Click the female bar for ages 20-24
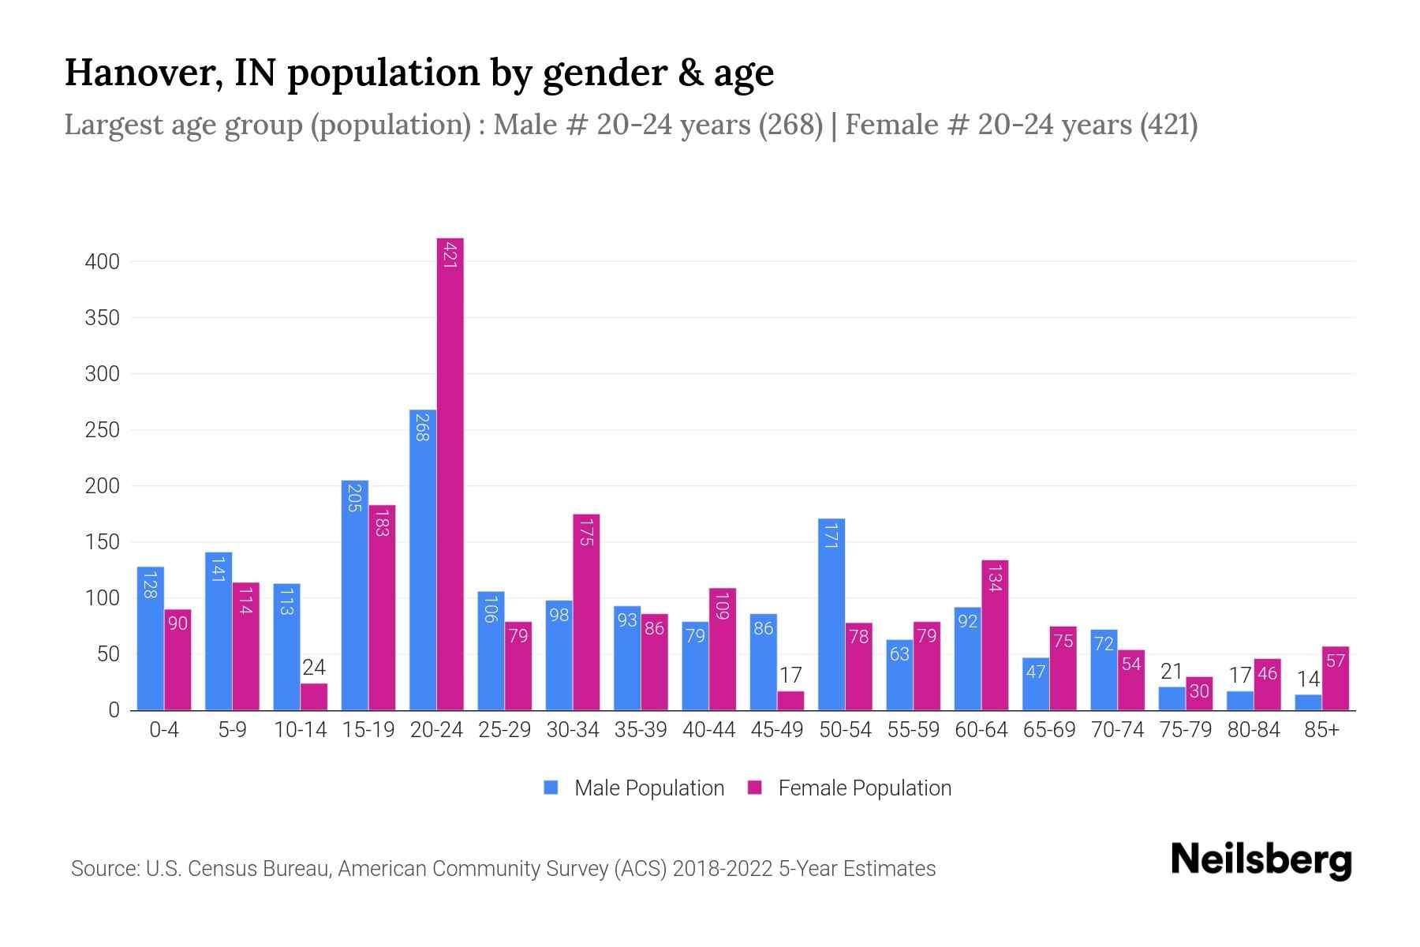coord(450,473)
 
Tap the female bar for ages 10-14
coord(314,697)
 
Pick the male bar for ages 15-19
coord(355,596)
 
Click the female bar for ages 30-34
coord(586,612)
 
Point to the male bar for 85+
coord(1308,702)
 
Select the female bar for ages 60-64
coord(995,635)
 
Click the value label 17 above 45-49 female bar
coord(790,676)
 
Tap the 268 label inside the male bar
coord(422,427)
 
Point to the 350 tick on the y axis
coord(102,318)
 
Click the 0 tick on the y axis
coord(114,710)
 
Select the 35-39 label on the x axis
coord(641,730)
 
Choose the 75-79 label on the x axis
coord(1185,730)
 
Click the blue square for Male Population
coord(551,788)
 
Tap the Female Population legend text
coord(864,788)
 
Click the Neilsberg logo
coord(1261,860)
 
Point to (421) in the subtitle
coord(1168,125)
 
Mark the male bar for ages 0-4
coord(150,638)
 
